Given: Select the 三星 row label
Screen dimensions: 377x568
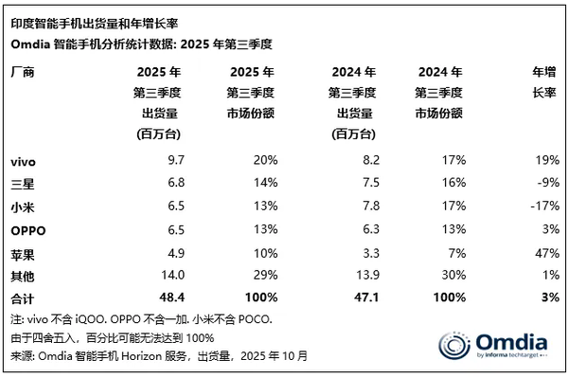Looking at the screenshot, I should click(x=19, y=183).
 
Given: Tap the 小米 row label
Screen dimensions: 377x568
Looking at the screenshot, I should click(x=19, y=204).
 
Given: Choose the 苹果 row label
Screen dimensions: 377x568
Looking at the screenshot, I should click(x=19, y=251).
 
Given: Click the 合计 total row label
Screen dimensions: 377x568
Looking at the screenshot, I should click(x=19, y=296).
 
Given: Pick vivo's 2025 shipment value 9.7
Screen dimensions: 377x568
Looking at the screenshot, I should click(x=161, y=163).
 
